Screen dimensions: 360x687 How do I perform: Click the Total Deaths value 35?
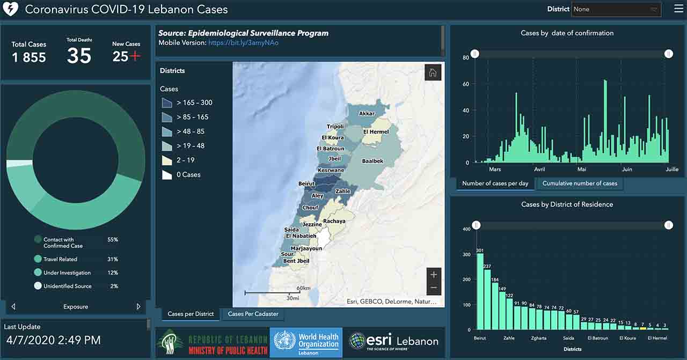(x=79, y=55)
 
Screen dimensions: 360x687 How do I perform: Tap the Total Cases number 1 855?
(x=29, y=57)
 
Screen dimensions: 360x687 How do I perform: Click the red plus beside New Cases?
(x=135, y=56)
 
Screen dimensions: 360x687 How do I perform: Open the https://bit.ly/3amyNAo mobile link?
(x=244, y=42)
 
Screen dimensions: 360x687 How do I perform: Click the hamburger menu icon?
(x=678, y=9)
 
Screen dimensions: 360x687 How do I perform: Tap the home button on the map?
(x=433, y=72)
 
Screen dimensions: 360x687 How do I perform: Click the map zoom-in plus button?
(x=434, y=275)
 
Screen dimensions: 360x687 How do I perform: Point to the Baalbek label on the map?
(x=372, y=161)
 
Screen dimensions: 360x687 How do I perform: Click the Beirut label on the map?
(x=306, y=184)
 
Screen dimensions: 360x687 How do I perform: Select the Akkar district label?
(x=367, y=114)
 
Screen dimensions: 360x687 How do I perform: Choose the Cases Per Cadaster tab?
(x=253, y=314)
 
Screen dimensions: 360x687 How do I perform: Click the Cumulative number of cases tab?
(x=580, y=183)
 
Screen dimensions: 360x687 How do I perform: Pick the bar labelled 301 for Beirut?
(x=480, y=291)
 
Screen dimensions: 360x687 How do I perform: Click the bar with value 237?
(x=487, y=299)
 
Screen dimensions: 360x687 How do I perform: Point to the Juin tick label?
(x=626, y=169)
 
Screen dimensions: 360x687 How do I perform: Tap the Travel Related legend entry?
(x=60, y=259)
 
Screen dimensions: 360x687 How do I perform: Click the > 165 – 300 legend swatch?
(x=167, y=102)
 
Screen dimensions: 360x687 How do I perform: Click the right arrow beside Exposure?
(x=138, y=307)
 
